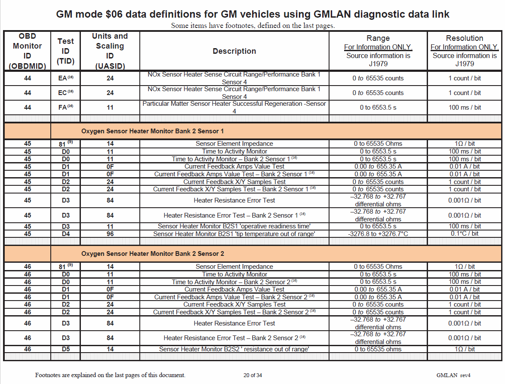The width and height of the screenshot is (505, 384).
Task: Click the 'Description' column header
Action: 234,51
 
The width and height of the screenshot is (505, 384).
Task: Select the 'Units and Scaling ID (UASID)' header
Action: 110,51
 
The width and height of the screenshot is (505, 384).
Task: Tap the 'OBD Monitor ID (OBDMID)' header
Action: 27,51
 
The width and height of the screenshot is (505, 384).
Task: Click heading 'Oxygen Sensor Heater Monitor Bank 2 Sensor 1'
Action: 152,131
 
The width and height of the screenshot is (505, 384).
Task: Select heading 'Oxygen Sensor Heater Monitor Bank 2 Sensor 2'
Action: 152,254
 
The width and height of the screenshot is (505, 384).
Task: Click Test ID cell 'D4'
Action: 65,234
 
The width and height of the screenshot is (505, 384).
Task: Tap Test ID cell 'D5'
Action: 65,349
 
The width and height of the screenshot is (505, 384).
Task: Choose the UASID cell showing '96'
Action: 110,234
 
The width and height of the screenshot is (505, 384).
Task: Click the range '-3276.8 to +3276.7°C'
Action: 378,234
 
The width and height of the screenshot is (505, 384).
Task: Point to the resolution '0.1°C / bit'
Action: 464,234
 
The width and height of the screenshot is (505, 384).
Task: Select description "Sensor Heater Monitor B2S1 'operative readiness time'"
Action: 234,226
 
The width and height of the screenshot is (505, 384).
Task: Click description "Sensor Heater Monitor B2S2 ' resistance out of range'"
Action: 234,349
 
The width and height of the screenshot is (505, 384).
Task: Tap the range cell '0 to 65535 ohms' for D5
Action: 378,349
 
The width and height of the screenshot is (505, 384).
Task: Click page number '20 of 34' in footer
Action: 252,375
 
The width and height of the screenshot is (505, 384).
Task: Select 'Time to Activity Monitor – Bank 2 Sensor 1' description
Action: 234,159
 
